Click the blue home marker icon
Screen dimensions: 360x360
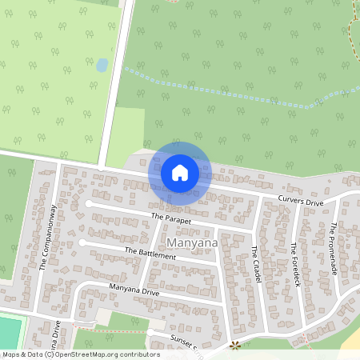point(180,172)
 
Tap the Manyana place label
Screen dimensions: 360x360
point(190,241)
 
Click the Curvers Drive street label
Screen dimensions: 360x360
point(300,201)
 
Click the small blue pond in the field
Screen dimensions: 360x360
point(102,66)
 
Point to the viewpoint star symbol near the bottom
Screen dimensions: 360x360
point(235,346)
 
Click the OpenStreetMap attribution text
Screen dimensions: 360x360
point(80,354)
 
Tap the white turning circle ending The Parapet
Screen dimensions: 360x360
point(89,204)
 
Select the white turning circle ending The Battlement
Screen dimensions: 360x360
point(82,242)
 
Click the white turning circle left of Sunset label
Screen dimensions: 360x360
point(150,332)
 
